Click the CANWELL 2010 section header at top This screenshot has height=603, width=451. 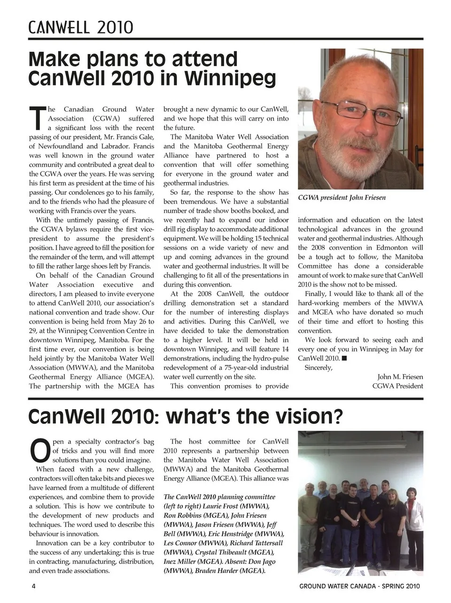click(80, 27)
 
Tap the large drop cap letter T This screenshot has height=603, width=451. click(37, 118)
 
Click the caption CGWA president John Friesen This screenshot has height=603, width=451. click(342, 198)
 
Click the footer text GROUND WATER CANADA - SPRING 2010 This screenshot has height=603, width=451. click(359, 586)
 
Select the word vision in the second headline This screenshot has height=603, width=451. click(300, 416)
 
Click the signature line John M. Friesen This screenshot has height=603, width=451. click(400, 377)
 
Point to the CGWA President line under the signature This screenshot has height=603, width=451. click(397, 386)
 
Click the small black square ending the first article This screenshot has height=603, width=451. click(344, 359)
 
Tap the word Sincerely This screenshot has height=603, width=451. click(318, 367)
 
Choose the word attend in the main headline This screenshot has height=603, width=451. click(205, 60)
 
